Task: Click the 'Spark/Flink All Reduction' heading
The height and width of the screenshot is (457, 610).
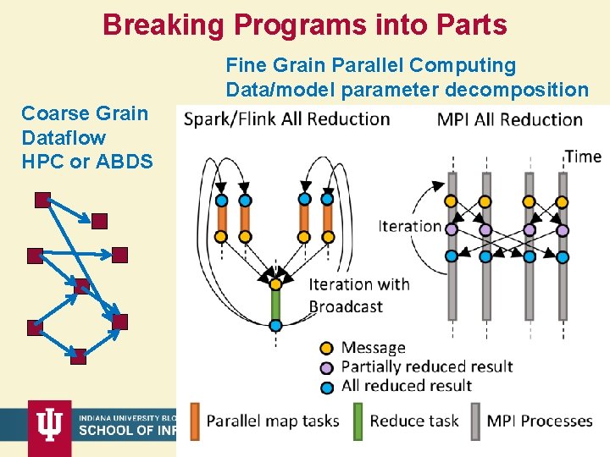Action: coord(286,118)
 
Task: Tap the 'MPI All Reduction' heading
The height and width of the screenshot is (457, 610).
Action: coord(509,119)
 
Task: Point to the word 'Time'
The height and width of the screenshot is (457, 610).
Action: coord(583,157)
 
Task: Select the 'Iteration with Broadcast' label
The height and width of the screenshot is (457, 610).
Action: coord(358,295)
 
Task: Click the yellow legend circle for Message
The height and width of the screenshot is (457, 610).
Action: coord(326,348)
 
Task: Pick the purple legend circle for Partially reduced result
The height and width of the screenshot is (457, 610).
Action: coord(326,366)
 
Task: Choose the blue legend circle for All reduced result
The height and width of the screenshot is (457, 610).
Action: coord(326,385)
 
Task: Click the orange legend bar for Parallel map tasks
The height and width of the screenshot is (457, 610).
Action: coord(195,420)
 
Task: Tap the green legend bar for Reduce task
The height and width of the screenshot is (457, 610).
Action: coord(358,420)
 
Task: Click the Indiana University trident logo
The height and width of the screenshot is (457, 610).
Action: coord(50,427)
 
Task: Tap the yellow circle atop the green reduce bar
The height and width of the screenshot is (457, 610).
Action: coord(275,284)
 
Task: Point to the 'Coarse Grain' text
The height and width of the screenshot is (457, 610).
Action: coord(84,113)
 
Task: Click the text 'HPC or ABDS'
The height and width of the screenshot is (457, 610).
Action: coord(87,161)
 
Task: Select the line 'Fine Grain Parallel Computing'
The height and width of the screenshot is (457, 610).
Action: coord(370,65)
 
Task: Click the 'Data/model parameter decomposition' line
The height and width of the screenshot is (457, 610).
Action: coord(407,90)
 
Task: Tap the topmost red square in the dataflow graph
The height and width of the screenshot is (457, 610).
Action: coord(42,201)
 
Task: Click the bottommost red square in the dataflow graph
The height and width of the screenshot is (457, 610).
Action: coord(78,357)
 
